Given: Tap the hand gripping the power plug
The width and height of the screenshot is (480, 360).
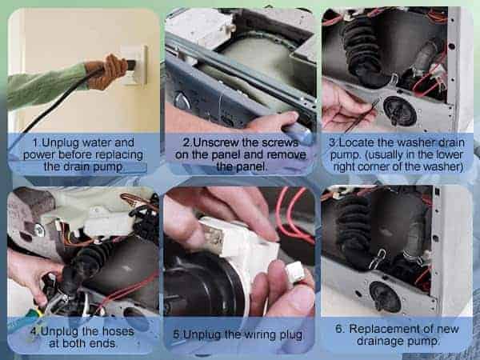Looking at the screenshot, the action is (x=106, y=72).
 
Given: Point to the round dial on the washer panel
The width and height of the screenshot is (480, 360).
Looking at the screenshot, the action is (x=182, y=101).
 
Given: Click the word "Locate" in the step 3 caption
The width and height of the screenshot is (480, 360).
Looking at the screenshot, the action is (x=355, y=142).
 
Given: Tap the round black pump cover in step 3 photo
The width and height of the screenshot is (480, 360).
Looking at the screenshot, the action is (x=400, y=111).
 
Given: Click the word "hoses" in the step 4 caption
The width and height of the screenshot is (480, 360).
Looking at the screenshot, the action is (x=118, y=331).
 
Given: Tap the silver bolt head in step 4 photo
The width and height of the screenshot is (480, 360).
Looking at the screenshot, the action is (x=39, y=230).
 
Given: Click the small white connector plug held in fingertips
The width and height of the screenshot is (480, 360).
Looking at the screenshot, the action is (x=294, y=271).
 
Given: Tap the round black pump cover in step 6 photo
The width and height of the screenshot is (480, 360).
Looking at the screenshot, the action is (x=385, y=297).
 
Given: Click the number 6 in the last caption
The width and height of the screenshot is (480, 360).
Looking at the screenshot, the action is (x=339, y=329).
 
